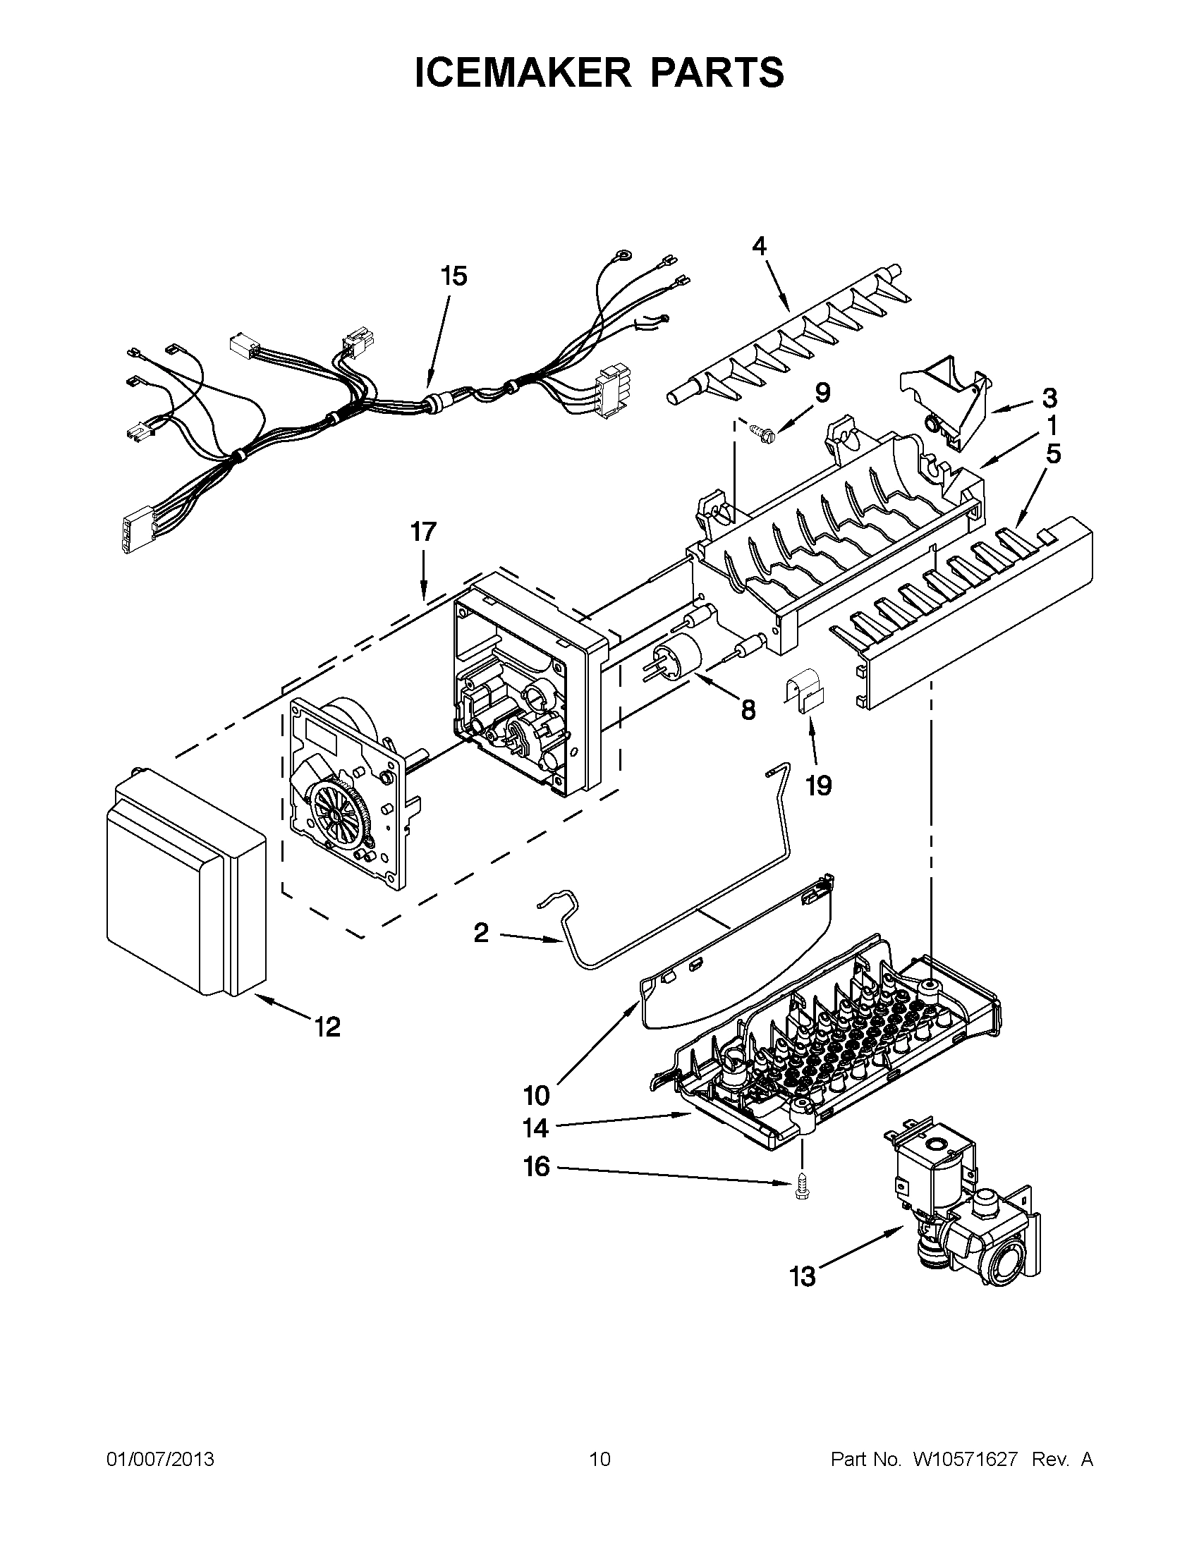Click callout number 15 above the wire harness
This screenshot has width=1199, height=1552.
click(454, 276)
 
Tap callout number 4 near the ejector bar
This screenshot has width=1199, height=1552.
click(759, 246)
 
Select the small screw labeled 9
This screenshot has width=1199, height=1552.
click(762, 429)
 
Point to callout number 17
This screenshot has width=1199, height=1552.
click(423, 531)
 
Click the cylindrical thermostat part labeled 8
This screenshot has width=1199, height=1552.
click(675, 653)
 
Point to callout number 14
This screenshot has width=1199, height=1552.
click(536, 1128)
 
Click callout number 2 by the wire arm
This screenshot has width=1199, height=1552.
click(481, 932)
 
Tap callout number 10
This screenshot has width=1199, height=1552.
click(536, 1095)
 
